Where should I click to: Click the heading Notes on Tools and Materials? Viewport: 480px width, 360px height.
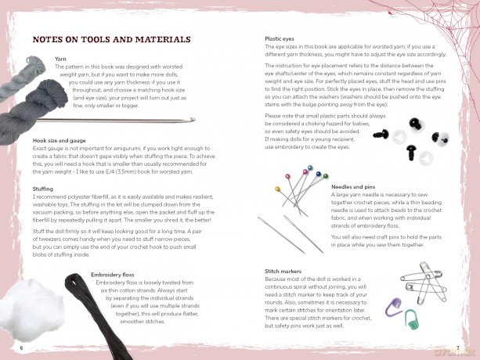(111, 39)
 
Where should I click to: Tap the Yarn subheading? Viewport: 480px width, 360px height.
(60, 59)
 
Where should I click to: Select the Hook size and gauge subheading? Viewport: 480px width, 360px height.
(59, 140)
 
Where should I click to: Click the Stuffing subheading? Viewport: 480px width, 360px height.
(42, 189)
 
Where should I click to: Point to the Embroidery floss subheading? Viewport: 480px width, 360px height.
(112, 275)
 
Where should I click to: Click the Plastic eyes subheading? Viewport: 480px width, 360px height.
(280, 39)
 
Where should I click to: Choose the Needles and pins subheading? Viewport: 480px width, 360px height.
(353, 186)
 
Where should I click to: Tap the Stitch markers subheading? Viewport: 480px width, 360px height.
(283, 271)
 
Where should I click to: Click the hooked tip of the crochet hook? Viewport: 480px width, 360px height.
(193, 119)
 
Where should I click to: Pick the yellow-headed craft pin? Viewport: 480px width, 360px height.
(278, 189)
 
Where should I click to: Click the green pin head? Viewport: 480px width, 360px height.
(326, 176)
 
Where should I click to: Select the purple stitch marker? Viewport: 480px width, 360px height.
(393, 308)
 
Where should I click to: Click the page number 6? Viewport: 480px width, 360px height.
(21, 347)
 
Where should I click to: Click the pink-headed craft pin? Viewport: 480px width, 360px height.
(287, 177)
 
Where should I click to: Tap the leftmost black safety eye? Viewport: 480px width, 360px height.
(381, 133)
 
